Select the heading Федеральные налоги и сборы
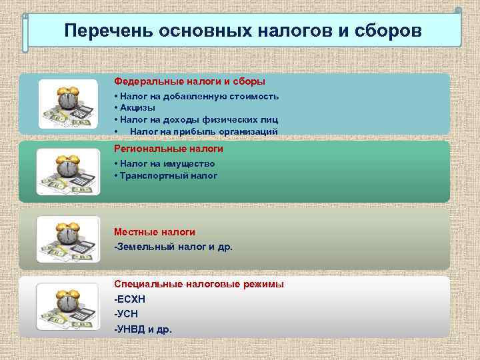pyautogui.click(x=189, y=81)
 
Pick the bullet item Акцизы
pyautogui.click(x=137, y=108)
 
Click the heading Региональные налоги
pyautogui.click(x=169, y=149)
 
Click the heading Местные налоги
pyautogui.click(x=155, y=232)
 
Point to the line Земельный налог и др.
pyautogui.click(x=173, y=247)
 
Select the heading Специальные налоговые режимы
pyautogui.click(x=199, y=284)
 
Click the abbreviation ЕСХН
pyautogui.click(x=131, y=299)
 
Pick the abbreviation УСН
pyautogui.click(x=127, y=314)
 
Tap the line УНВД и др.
pyautogui.click(x=143, y=329)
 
